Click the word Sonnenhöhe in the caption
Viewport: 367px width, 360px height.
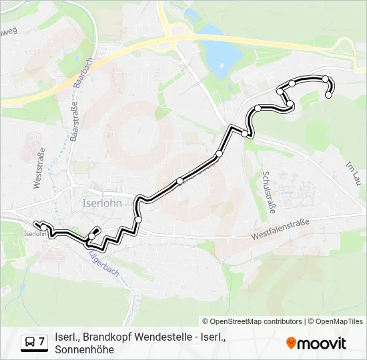(85, 349)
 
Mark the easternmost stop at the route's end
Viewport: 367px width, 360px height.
(328, 95)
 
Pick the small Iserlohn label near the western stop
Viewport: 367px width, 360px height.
(35, 234)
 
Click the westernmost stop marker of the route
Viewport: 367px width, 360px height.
(43, 227)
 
